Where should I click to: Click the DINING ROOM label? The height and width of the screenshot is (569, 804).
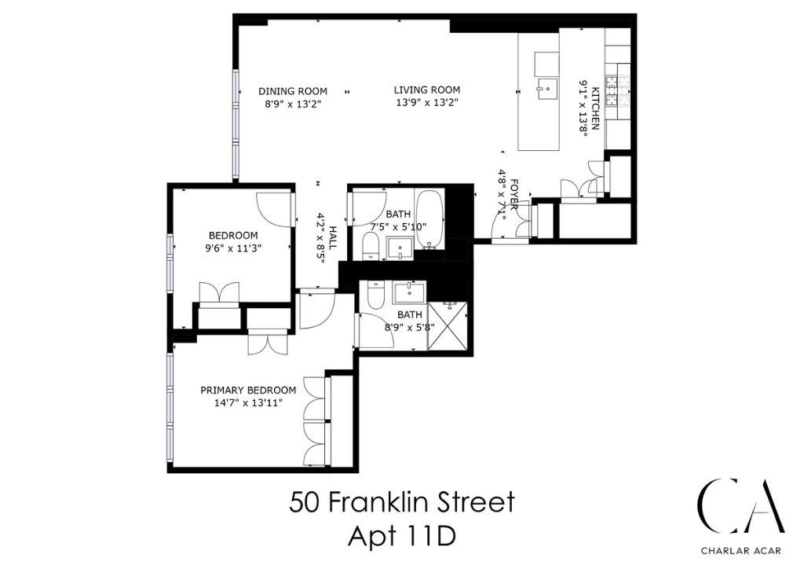293,91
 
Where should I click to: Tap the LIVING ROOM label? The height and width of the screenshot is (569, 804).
426,90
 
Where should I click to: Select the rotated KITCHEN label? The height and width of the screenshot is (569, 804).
596,108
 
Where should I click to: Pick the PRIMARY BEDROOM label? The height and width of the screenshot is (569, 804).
248,391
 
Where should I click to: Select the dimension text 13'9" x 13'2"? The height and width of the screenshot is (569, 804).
426,103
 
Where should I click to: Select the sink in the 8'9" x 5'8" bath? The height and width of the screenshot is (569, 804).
409,293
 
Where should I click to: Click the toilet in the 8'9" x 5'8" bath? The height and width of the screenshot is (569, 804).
375,296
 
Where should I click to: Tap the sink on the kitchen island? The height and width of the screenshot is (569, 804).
546,86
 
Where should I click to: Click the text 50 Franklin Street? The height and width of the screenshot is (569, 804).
402,501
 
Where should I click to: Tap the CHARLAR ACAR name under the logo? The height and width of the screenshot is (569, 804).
742,550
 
